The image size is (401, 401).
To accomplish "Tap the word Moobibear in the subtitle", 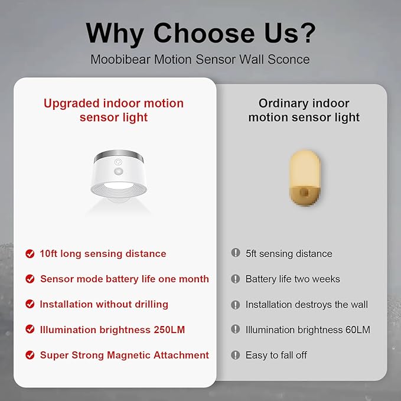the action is (120, 60).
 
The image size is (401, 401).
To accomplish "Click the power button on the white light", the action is (118, 162).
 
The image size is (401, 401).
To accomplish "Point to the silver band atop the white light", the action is (119, 155).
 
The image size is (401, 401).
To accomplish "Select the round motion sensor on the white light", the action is (118, 172).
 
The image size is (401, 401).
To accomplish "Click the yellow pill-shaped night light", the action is (304, 178).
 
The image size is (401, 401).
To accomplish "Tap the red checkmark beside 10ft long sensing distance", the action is (30, 254).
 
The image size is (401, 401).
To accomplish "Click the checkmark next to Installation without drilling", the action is (30, 304).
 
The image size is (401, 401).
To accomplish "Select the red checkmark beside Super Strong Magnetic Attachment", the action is (30, 355).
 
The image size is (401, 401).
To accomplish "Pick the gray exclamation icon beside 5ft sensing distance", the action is (236, 253).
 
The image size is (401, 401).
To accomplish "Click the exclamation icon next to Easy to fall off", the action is (236, 355).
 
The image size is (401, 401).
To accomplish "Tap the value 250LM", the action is (169, 330).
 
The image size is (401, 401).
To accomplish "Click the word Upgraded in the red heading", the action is (71, 104).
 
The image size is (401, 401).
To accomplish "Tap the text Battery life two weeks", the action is (293, 279).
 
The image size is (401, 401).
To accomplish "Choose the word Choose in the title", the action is (204, 32).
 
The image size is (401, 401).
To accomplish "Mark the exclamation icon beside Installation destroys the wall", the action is (236, 305).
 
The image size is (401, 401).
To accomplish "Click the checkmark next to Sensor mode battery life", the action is (30, 279).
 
